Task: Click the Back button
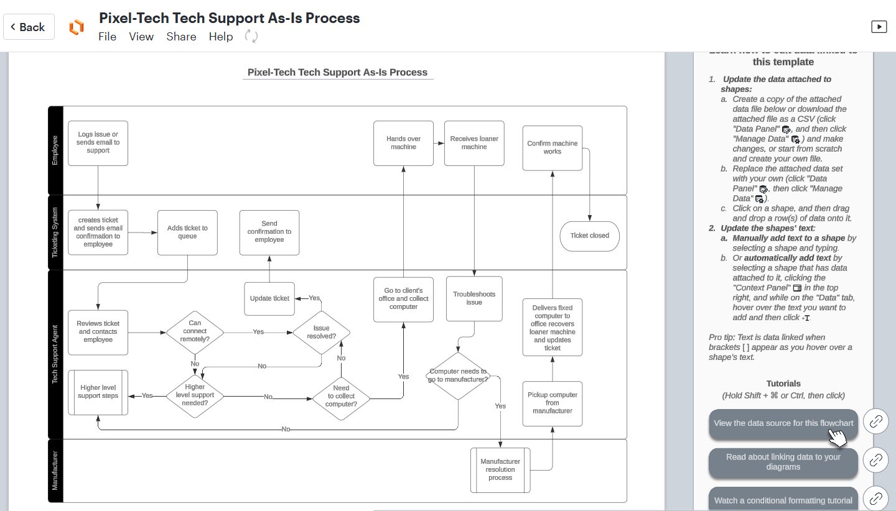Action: (x=29, y=27)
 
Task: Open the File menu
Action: (x=107, y=37)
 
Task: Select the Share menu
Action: (x=181, y=37)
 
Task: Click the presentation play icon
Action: (x=878, y=26)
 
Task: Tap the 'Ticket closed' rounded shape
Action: (x=589, y=236)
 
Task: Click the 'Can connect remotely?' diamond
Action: (x=195, y=332)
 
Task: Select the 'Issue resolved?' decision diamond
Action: (x=321, y=332)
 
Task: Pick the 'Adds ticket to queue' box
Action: (x=187, y=232)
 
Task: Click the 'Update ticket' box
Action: (x=269, y=298)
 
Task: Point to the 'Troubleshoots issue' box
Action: (x=474, y=298)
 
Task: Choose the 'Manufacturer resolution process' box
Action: (x=500, y=469)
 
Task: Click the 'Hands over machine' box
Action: (x=403, y=143)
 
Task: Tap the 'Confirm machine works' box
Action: (x=552, y=147)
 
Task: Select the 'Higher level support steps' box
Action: (x=98, y=392)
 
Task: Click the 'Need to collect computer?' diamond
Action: (x=341, y=397)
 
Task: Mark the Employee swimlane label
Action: (x=55, y=150)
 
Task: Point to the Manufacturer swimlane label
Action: (x=55, y=471)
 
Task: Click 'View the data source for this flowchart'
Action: (x=783, y=424)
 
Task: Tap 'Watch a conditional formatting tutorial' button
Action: (x=783, y=499)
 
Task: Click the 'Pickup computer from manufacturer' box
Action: (x=552, y=403)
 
